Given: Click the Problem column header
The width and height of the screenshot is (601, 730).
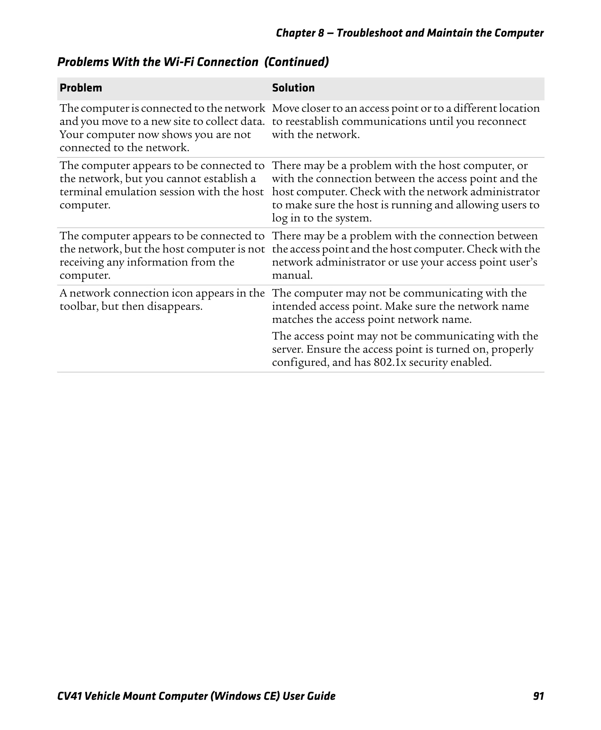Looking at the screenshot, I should tap(81, 88).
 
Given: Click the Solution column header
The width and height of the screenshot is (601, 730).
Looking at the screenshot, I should tap(293, 88).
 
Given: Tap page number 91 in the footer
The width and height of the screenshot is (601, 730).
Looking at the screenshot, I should tap(538, 696).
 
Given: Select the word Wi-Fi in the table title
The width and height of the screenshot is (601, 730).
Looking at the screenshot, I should tap(176, 62).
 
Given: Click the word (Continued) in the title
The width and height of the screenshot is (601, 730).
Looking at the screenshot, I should tap(296, 62).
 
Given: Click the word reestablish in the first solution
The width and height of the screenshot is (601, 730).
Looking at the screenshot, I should tap(312, 122).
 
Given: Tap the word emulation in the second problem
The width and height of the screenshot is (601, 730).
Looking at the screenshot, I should tap(131, 192).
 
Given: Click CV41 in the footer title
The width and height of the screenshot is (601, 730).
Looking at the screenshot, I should tap(69, 696).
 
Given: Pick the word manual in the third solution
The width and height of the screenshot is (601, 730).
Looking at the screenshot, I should tap(292, 276).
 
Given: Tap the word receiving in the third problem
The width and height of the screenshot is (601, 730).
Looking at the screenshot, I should tap(81, 262).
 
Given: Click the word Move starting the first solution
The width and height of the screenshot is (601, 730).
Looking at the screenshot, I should tap(285, 108).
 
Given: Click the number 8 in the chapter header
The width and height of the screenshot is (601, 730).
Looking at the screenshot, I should tap(320, 33).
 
